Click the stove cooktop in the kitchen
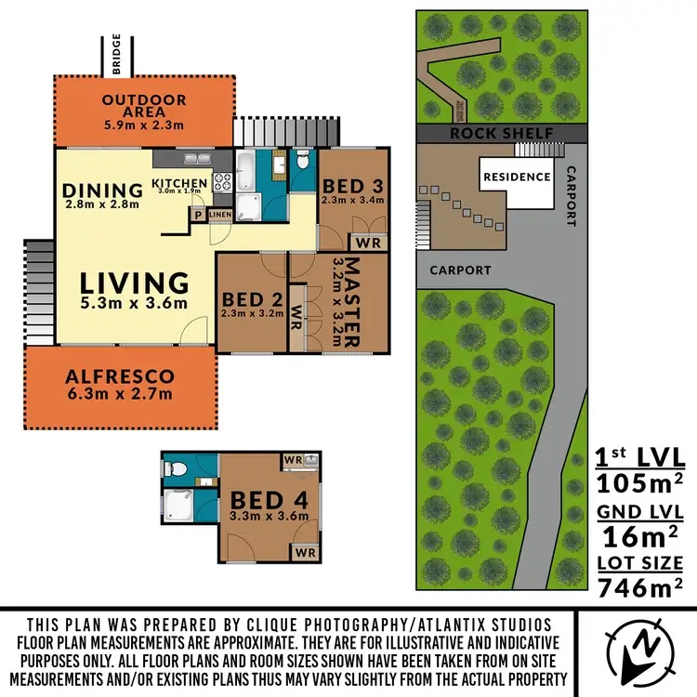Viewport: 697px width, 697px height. [223, 182]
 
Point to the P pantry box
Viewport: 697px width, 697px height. [197, 215]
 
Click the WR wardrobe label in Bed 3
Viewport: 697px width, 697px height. [369, 243]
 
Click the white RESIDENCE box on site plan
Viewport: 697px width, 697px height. [515, 177]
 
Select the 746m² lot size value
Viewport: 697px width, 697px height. [640, 586]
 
